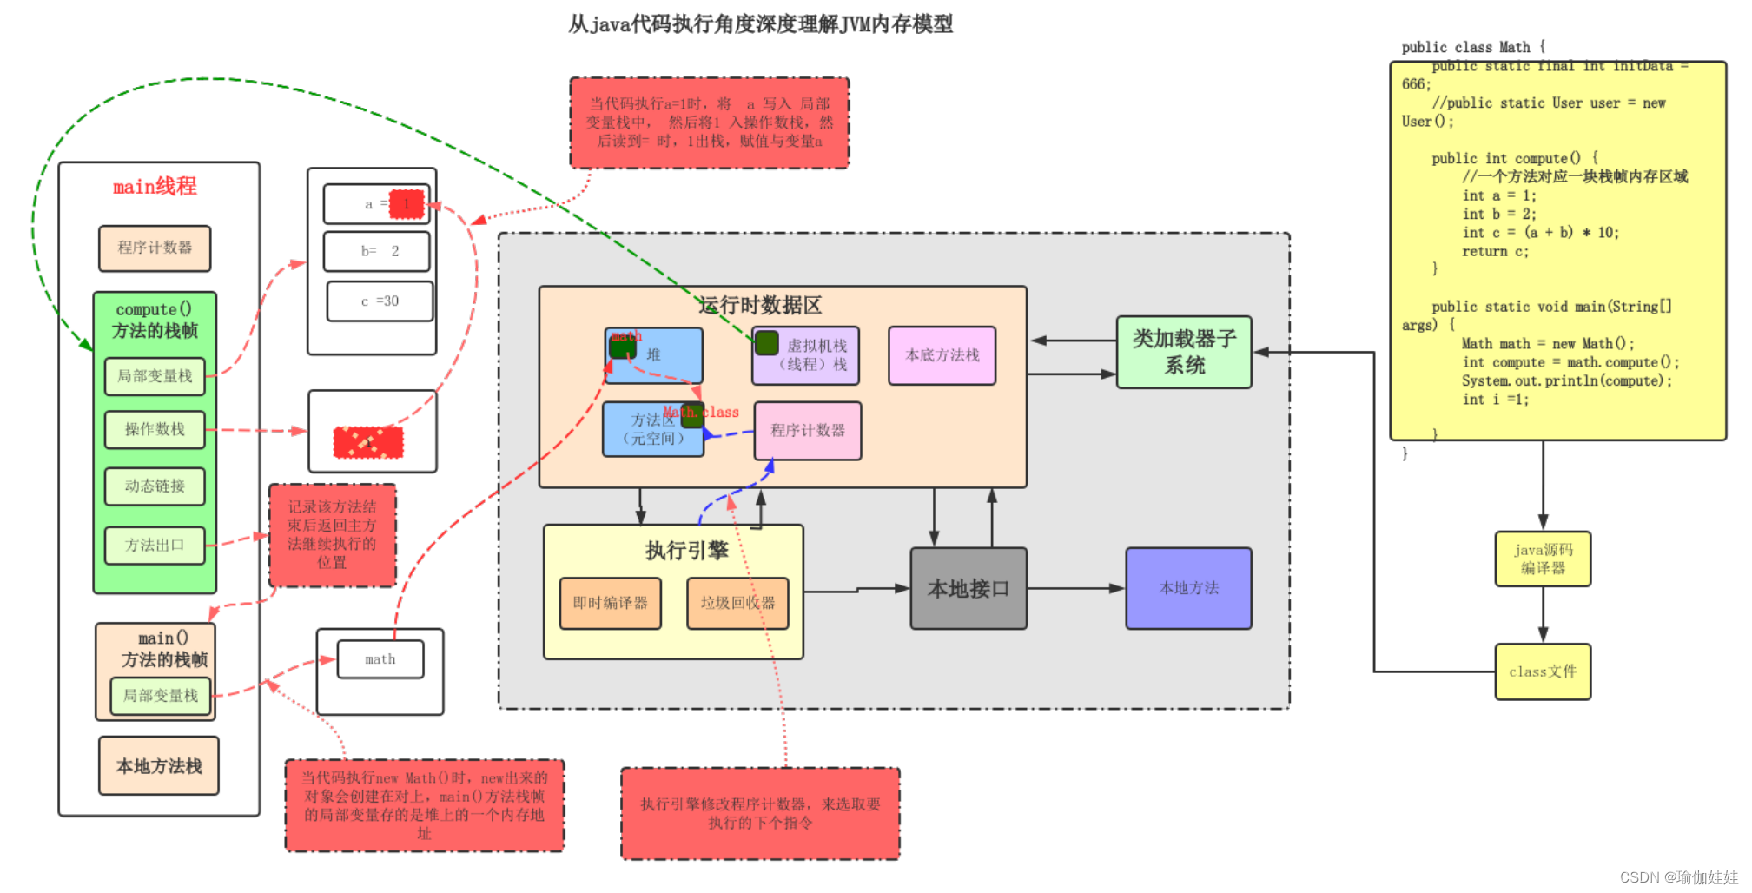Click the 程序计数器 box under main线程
tap(155, 248)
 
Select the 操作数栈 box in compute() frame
tap(155, 429)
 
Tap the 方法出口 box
tap(155, 546)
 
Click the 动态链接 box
tap(155, 486)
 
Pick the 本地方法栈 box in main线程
tap(159, 766)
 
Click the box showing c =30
tap(380, 301)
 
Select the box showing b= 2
tap(377, 251)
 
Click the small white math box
tap(380, 659)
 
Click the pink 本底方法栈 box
tap(942, 355)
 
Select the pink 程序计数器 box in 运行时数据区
tap(808, 431)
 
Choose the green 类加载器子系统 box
tap(1184, 352)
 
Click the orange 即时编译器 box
tap(610, 603)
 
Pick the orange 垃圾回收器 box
tap(737, 603)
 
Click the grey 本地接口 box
tap(969, 588)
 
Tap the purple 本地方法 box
tap(1188, 588)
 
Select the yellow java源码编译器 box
tap(1543, 559)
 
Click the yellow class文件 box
tap(1543, 671)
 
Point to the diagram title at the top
tap(760, 24)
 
